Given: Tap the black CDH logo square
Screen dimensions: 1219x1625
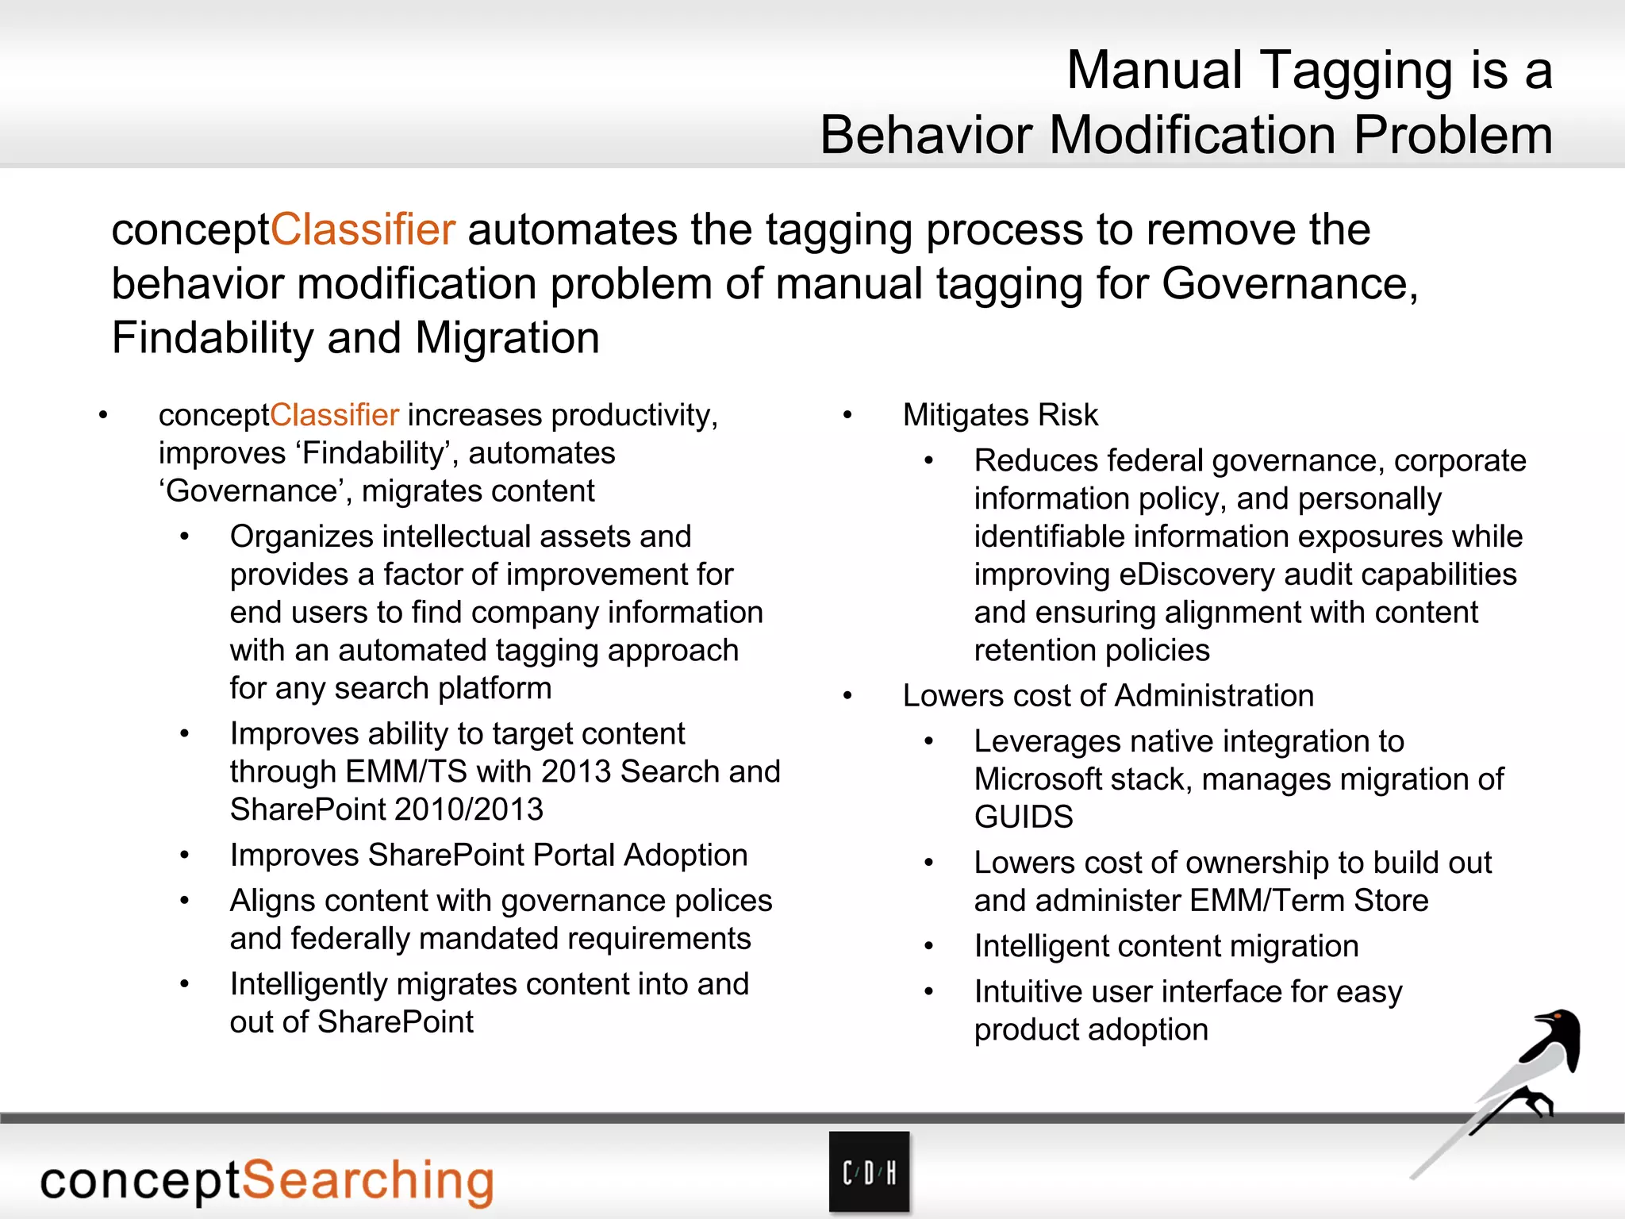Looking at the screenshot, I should pyautogui.click(x=869, y=1172).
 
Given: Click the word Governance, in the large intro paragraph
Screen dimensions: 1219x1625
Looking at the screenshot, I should pyautogui.click(x=1290, y=284).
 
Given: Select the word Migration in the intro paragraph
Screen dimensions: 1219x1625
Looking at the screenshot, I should pyautogui.click(x=507, y=338).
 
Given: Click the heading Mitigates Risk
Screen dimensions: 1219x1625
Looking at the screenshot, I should pyautogui.click(x=1000, y=415).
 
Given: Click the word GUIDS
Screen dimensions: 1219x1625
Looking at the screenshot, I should pyautogui.click(x=1024, y=817).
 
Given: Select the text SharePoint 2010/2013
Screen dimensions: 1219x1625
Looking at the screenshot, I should pyautogui.click(x=386, y=809).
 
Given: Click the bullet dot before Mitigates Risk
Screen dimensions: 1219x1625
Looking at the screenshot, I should pyautogui.click(x=847, y=416).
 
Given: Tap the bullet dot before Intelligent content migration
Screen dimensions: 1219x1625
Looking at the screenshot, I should pyautogui.click(x=929, y=947).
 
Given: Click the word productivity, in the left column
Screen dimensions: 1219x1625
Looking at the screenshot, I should pyautogui.click(x=635, y=415).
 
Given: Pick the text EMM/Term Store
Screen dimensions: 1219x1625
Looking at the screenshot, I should pyautogui.click(x=1309, y=901).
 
